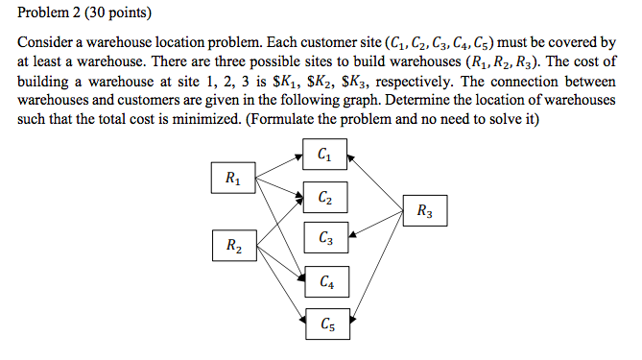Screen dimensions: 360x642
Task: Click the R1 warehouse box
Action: click(x=233, y=178)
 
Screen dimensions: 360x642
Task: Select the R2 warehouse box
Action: click(x=233, y=246)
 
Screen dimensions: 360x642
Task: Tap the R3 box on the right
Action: click(x=424, y=211)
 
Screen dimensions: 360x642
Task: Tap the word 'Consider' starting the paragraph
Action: click(x=45, y=44)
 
